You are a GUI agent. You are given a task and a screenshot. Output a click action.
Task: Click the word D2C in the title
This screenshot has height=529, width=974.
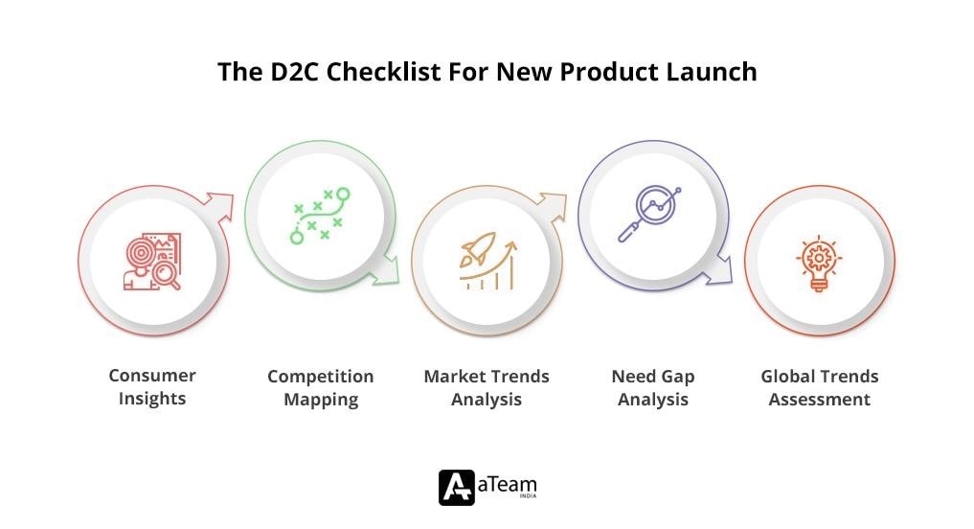pos(288,72)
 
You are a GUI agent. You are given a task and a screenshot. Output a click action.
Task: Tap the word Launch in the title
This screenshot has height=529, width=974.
pos(714,72)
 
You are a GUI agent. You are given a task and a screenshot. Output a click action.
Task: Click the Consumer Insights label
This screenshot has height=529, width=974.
pos(152,387)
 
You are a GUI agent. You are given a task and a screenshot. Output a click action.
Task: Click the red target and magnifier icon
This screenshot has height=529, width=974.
pos(151,262)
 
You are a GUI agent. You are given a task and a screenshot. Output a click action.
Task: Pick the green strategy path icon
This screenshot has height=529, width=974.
pos(320,216)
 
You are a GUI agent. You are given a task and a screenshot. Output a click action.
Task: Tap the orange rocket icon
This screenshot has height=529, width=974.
pos(487,261)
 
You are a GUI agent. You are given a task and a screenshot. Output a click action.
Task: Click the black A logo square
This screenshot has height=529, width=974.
pos(456,487)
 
